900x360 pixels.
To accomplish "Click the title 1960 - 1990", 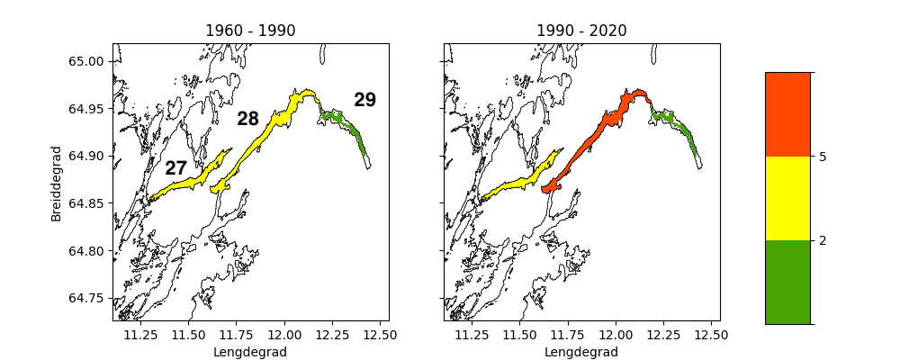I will (x=250, y=31).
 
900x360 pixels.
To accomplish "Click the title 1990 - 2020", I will (x=581, y=31).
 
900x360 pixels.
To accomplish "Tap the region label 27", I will (x=175, y=168).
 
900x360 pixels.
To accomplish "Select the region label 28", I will (x=247, y=119).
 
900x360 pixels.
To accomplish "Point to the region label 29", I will (x=364, y=100).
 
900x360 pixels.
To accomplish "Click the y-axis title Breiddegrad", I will (x=57, y=183).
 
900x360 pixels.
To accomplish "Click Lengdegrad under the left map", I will (x=250, y=352).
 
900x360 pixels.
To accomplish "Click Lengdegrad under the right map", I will (x=581, y=352).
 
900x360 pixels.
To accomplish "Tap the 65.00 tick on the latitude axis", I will (x=88, y=61).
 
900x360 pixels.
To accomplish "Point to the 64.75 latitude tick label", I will (x=88, y=299).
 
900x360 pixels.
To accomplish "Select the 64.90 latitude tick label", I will (x=88, y=157).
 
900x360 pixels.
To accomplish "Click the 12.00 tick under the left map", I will (x=284, y=336).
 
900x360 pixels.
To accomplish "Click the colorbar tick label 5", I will (x=823, y=157).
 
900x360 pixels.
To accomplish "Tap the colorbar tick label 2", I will (x=823, y=240).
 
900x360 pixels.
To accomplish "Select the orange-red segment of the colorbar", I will (x=787, y=114).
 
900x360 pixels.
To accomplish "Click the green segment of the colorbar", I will (x=787, y=282).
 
